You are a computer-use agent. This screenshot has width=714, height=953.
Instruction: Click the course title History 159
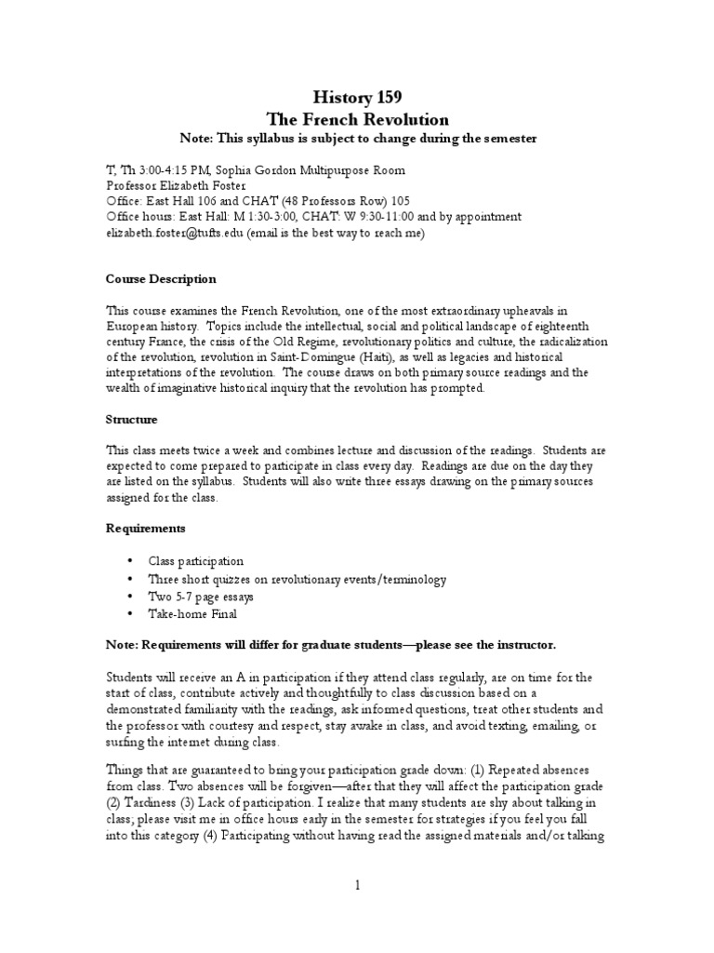coord(357,96)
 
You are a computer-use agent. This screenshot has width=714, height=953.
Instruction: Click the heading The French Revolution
coord(357,119)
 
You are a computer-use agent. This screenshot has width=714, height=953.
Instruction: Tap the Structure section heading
coord(131,420)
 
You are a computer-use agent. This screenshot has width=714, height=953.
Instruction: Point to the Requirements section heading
coord(145,528)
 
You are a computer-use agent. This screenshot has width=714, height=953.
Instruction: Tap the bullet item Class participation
coord(196,561)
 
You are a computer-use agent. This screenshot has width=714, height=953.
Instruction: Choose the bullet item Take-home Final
coord(192,613)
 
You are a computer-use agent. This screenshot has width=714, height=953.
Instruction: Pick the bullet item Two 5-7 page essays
coord(201,596)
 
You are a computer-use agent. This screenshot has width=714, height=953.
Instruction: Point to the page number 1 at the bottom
coord(357,885)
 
